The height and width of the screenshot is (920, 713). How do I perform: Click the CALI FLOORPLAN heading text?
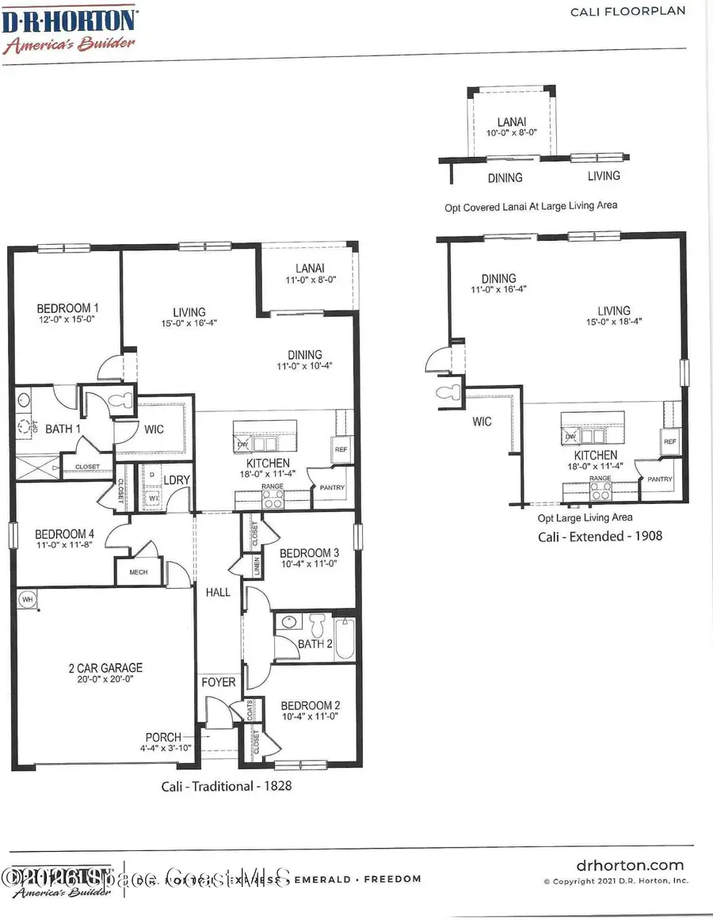point(638,11)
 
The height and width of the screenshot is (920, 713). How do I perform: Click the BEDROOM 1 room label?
point(68,308)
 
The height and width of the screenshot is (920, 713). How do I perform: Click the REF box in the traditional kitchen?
point(341,449)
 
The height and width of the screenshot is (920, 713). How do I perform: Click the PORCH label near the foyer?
point(162,737)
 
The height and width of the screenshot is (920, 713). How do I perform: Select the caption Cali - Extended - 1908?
point(601,536)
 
